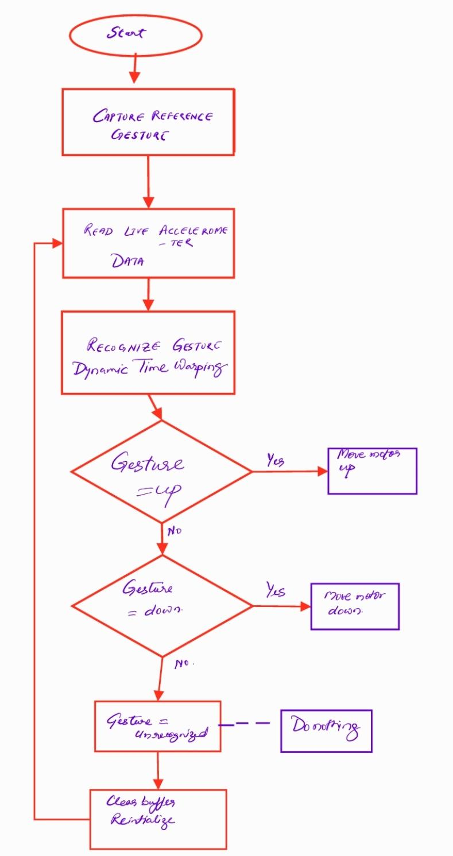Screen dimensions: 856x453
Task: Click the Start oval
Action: point(135,34)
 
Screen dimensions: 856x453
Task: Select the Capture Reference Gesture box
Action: point(148,122)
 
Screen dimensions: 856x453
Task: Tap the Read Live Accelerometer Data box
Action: point(148,243)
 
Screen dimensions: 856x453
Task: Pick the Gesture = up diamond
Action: point(161,472)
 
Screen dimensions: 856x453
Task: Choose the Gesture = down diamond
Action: point(162,605)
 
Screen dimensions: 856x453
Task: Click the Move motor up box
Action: point(372,471)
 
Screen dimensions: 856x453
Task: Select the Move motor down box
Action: point(355,606)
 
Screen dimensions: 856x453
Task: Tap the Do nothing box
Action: point(326,730)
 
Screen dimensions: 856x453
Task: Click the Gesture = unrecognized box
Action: point(157,726)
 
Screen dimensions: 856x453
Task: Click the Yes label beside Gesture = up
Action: point(275,460)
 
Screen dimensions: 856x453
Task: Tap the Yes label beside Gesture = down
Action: point(276,590)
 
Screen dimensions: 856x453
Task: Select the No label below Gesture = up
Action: point(174,531)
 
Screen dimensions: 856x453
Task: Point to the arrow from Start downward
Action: point(135,68)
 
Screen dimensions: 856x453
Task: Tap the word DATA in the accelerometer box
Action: point(128,262)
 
